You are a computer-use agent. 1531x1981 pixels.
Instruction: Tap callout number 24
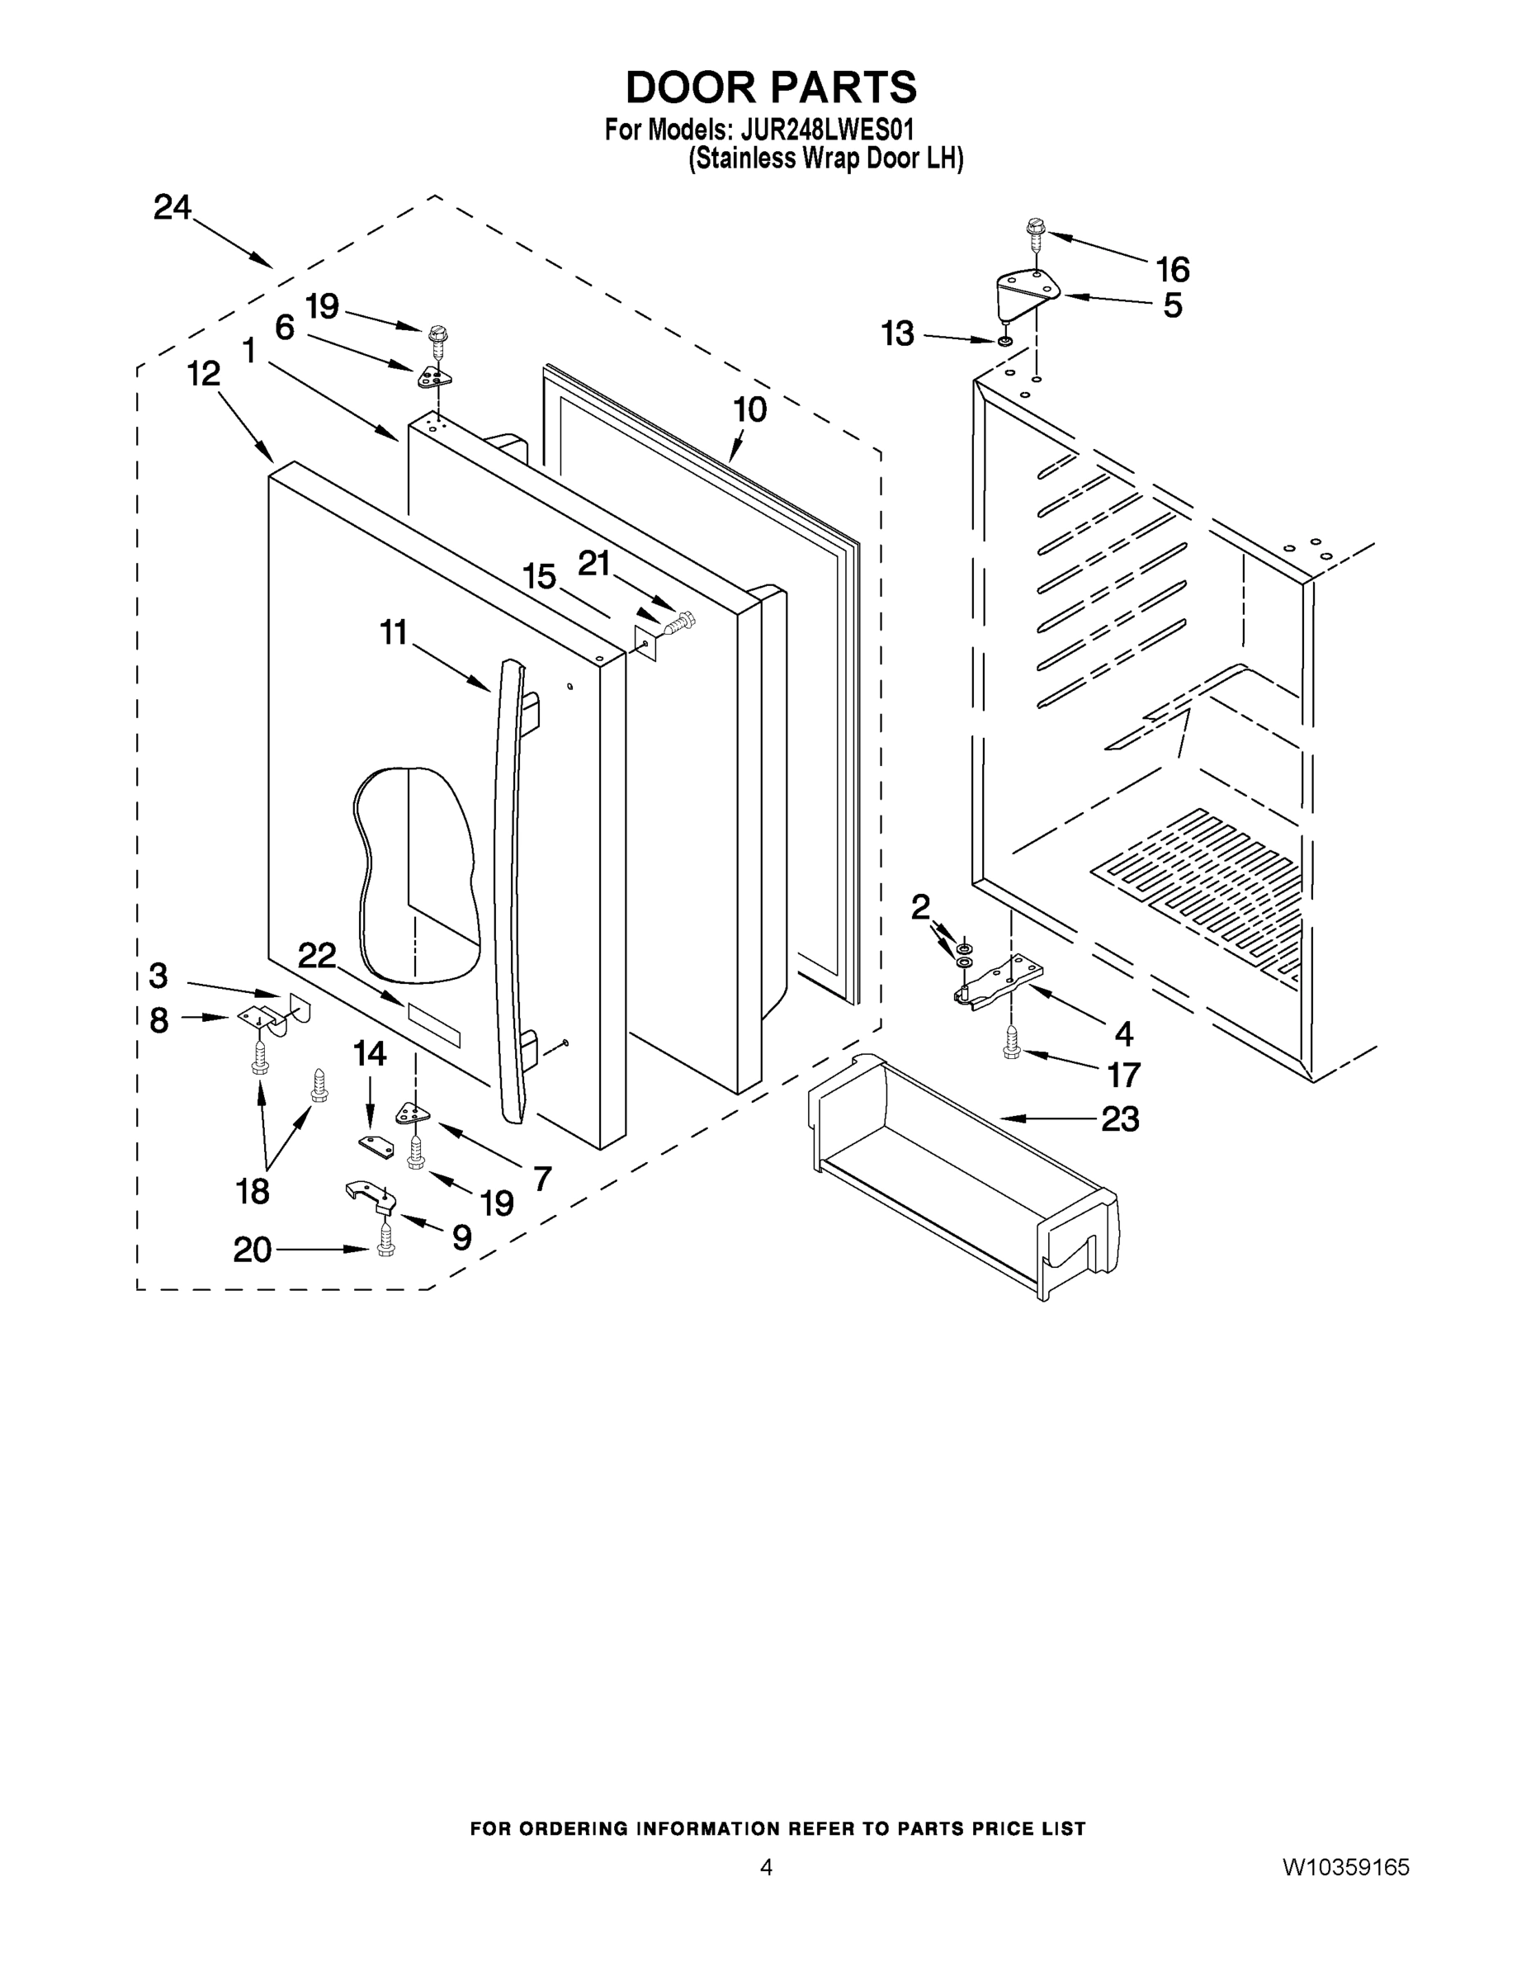pos(172,208)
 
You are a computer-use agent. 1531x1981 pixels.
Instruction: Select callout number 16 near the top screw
pos(1172,269)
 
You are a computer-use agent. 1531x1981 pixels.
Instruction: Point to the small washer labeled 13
pos(1005,342)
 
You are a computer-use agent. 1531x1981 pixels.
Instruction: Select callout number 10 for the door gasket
pos(750,410)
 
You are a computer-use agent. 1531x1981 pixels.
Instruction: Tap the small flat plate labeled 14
pos(376,1146)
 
